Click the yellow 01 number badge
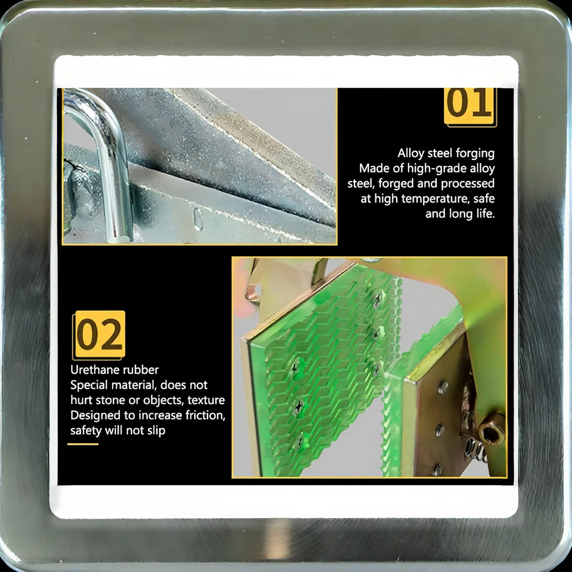pyautogui.click(x=470, y=107)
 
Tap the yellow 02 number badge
pyautogui.click(x=99, y=335)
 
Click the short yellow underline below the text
pyautogui.click(x=83, y=444)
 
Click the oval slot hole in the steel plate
pyautogui.click(x=198, y=219)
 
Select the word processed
pyautogui.click(x=468, y=184)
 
